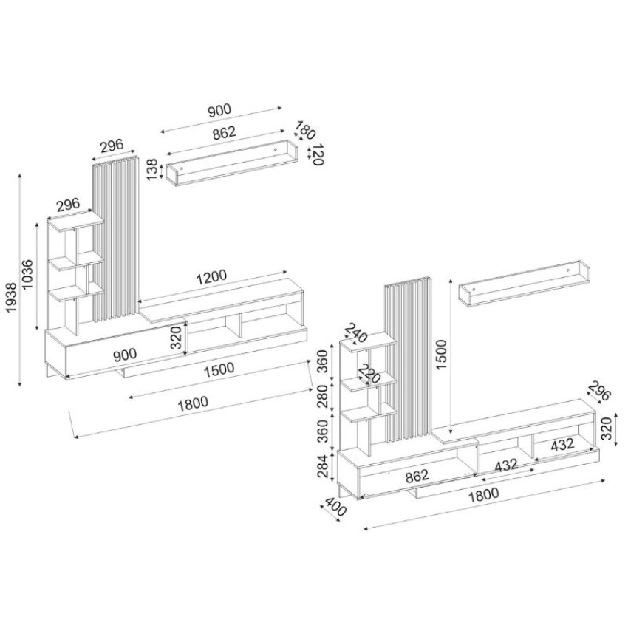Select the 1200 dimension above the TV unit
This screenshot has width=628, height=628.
211,277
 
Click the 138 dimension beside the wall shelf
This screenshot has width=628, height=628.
153,170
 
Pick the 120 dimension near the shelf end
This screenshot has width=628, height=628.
318,156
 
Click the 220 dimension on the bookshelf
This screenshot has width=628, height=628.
369,375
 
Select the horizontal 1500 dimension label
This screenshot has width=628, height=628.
221,369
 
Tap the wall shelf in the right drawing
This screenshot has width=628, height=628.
524,287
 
